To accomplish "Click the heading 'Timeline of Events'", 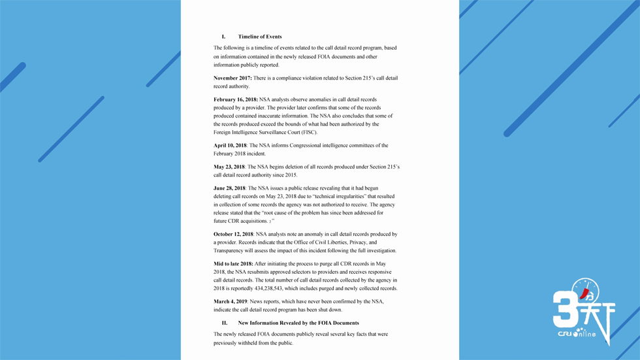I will tap(260, 37).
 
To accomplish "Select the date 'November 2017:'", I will tap(232, 78).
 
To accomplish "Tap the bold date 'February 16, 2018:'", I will tap(236, 100).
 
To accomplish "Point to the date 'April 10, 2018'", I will tap(230, 146).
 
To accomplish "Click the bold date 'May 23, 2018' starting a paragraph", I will tap(229, 167).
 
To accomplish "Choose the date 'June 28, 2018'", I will tap(229, 188).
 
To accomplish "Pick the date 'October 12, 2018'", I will tap(233, 234).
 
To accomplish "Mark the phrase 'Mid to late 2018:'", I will tap(233, 264).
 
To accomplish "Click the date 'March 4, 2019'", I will tap(231, 302).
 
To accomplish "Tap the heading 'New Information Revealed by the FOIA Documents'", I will tap(298, 323).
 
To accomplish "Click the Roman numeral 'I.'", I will tap(223, 37).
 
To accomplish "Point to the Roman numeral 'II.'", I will tap(224, 323).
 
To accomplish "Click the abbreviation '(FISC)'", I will tap(309, 133).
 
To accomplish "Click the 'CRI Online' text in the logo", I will tap(577, 334).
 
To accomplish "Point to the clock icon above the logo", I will tap(585, 291).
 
